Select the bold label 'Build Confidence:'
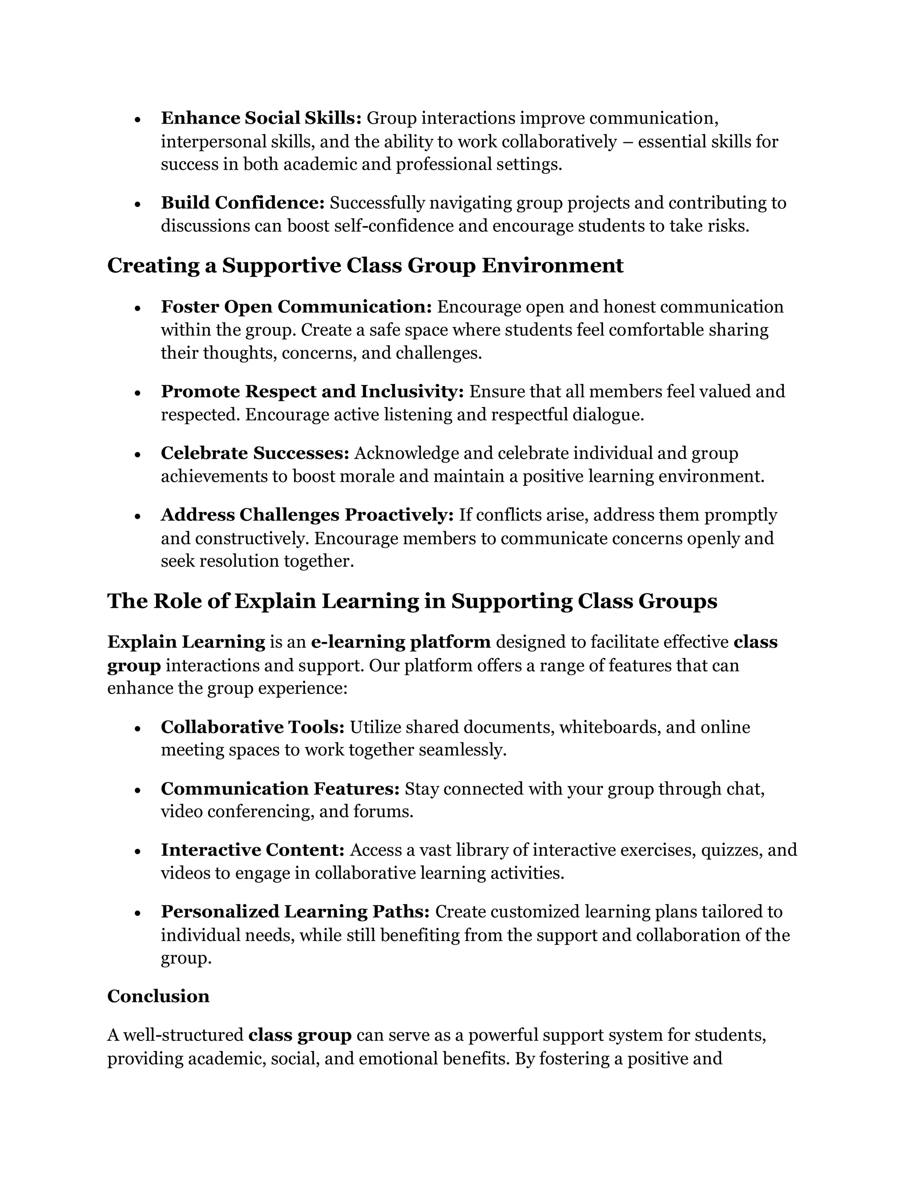(242, 202)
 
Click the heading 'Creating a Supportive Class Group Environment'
(365, 265)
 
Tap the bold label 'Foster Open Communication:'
(296, 307)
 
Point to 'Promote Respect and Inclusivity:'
(312, 392)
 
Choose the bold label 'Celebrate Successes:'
(255, 453)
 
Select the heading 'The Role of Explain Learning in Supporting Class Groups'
(412, 600)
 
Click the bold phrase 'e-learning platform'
(400, 642)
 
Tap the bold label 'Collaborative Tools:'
(253, 727)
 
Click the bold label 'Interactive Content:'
(253, 850)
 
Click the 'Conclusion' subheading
(158, 996)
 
